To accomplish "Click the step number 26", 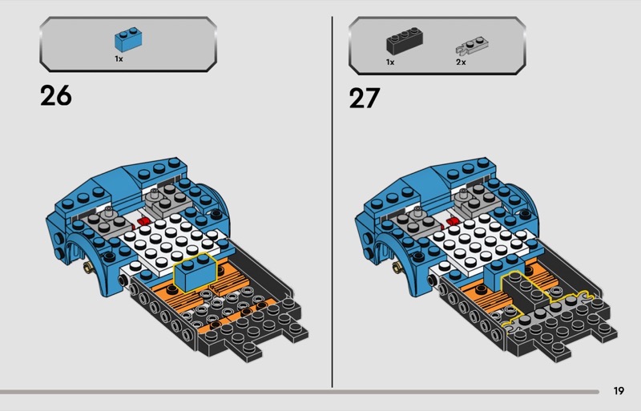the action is pyautogui.click(x=55, y=95).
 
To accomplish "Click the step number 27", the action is pyautogui.click(x=365, y=99).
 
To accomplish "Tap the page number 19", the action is pyautogui.click(x=619, y=391).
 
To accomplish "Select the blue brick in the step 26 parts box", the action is pyautogui.click(x=128, y=40).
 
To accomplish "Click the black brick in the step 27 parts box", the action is pyautogui.click(x=405, y=42).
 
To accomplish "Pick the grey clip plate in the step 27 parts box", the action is pyautogui.click(x=472, y=46).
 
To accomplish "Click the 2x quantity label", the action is pyautogui.click(x=461, y=62).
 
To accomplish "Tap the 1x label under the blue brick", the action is pyautogui.click(x=119, y=59).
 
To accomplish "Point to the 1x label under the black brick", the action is pyautogui.click(x=390, y=62).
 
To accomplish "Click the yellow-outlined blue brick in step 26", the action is pyautogui.click(x=196, y=272).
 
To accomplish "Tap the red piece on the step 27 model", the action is pyautogui.click(x=452, y=222).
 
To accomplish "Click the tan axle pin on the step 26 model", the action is pyautogui.click(x=87, y=268).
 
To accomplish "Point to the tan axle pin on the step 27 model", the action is pyautogui.click(x=397, y=268).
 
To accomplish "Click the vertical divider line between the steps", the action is pyautogui.click(x=332, y=202).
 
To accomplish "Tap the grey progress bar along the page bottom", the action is pyautogui.click(x=300, y=392).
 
